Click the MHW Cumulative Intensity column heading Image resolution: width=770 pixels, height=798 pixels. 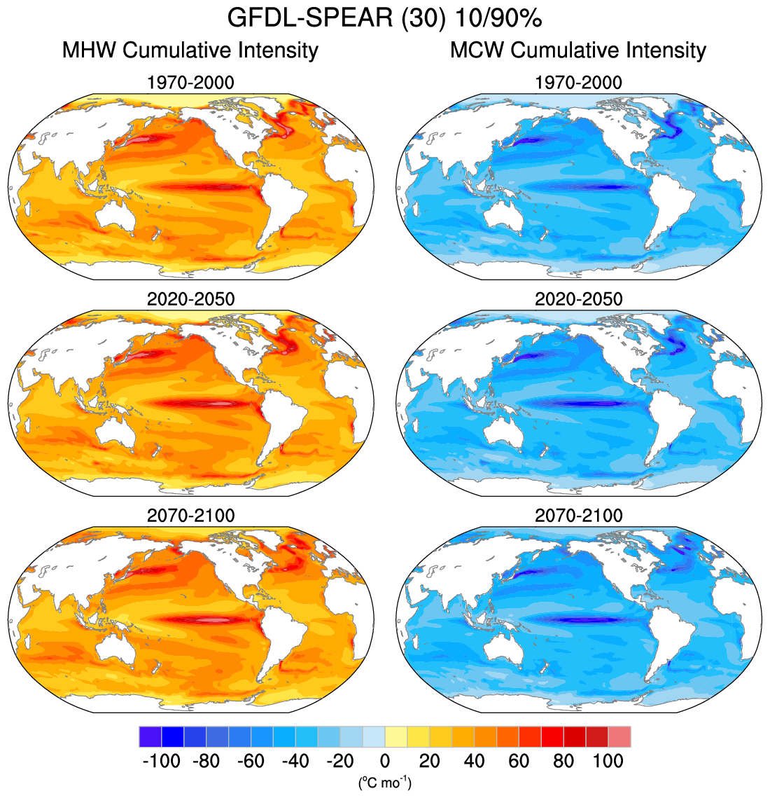(x=190, y=50)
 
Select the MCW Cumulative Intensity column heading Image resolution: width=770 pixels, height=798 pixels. (x=578, y=50)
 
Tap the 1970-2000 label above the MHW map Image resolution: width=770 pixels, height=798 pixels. (x=190, y=83)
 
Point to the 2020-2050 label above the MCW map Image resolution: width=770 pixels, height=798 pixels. (x=578, y=299)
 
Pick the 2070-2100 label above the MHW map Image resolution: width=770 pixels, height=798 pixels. (x=190, y=516)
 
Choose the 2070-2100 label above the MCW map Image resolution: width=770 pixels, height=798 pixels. (x=578, y=516)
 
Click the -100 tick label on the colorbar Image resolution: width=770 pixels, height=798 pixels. (x=162, y=761)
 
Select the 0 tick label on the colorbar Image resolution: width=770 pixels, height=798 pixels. (x=384, y=761)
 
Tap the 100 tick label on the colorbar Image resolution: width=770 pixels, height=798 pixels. (x=608, y=761)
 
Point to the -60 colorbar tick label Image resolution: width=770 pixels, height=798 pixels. (x=251, y=761)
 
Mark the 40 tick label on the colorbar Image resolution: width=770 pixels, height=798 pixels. (x=474, y=761)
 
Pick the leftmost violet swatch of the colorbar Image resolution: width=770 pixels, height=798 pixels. (x=150, y=737)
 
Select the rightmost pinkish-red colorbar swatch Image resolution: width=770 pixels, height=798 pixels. (x=619, y=737)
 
